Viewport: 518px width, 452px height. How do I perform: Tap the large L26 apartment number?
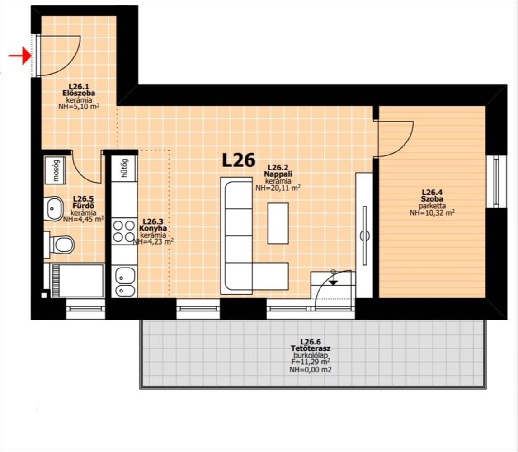[239, 160]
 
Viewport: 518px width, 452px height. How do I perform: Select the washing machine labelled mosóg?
[55, 170]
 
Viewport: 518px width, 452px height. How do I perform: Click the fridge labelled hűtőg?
[124, 168]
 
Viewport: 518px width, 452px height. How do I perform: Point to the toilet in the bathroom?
[60, 245]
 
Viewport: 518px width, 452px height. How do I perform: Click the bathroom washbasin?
[53, 208]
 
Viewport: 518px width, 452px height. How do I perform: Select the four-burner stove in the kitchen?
[124, 231]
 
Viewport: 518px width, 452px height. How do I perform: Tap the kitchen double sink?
[124, 281]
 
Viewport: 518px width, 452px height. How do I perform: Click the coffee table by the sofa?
[278, 223]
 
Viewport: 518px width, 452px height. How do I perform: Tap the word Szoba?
[432, 199]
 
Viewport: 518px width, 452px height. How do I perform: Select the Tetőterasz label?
[311, 348]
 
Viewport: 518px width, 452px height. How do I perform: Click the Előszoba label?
[79, 93]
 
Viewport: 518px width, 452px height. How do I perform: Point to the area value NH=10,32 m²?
[432, 213]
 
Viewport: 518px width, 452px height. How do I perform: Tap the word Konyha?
[153, 229]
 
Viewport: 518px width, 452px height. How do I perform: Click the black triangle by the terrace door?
[333, 282]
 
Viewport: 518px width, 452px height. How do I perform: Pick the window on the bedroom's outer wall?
[496, 181]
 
